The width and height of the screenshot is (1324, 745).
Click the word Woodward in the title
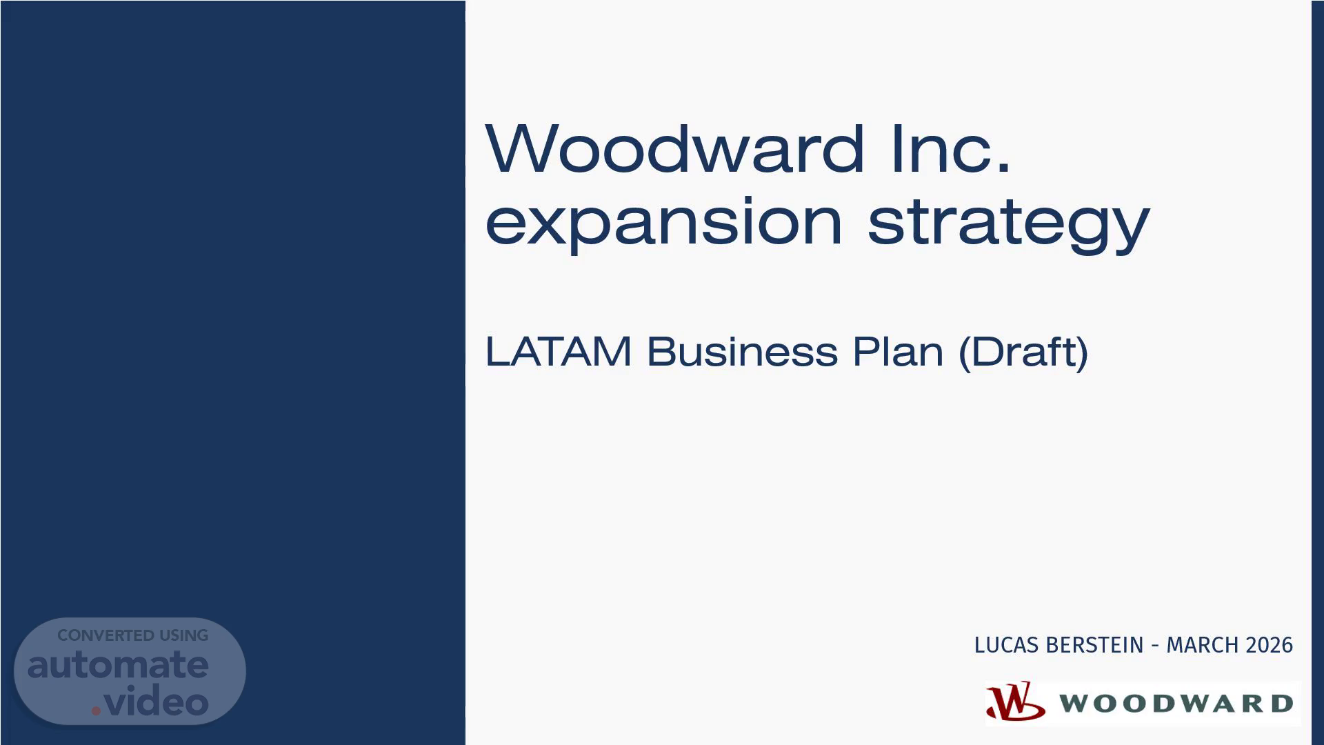tap(675, 148)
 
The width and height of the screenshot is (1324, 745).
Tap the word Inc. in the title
tap(951, 148)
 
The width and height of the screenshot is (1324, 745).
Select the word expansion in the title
tap(664, 223)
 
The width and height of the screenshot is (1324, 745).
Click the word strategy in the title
tap(1008, 223)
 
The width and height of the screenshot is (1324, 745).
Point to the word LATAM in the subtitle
tap(559, 351)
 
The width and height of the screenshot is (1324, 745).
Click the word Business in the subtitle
tap(742, 351)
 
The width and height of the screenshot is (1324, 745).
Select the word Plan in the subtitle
tap(898, 351)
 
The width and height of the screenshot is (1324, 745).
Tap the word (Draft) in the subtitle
tap(1023, 352)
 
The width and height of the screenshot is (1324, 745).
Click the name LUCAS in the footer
tap(1007, 645)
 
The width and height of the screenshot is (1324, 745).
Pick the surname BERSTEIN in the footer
tap(1094, 645)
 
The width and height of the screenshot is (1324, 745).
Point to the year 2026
tap(1265, 645)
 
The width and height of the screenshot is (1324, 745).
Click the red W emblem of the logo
tap(1015, 702)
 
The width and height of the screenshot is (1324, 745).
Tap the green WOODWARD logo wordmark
tap(1176, 704)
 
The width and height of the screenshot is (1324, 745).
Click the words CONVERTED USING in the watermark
tap(132, 635)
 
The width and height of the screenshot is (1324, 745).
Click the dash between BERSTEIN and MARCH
tap(1155, 646)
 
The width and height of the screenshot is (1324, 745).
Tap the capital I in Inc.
tap(896, 148)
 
